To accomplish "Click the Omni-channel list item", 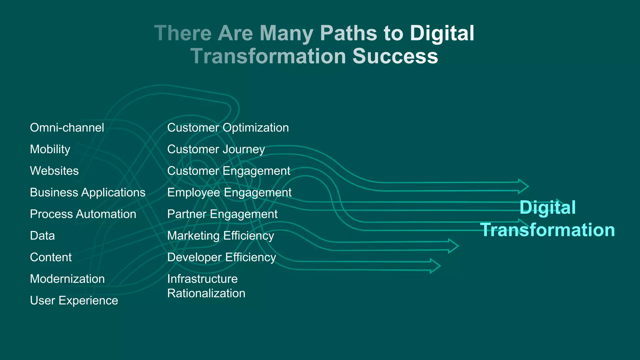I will click(67, 128).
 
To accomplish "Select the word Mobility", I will click(50, 149).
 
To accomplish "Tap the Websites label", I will click(54, 171).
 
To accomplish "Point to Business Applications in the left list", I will click(87, 192).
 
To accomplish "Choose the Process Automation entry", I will click(83, 214).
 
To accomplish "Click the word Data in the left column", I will click(42, 236).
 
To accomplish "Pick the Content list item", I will click(51, 257).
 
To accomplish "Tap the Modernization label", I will click(67, 279).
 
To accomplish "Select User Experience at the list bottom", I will click(74, 300).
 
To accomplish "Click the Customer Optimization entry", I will click(228, 128).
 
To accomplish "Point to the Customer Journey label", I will click(216, 149).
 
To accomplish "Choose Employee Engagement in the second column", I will click(229, 192).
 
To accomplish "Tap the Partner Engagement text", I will click(222, 214).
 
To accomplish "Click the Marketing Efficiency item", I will click(220, 236).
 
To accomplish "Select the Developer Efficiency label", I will click(222, 257).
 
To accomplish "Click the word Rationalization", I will click(206, 293).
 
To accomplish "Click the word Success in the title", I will click(395, 56).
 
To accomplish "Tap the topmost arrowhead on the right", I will click(523, 186).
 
